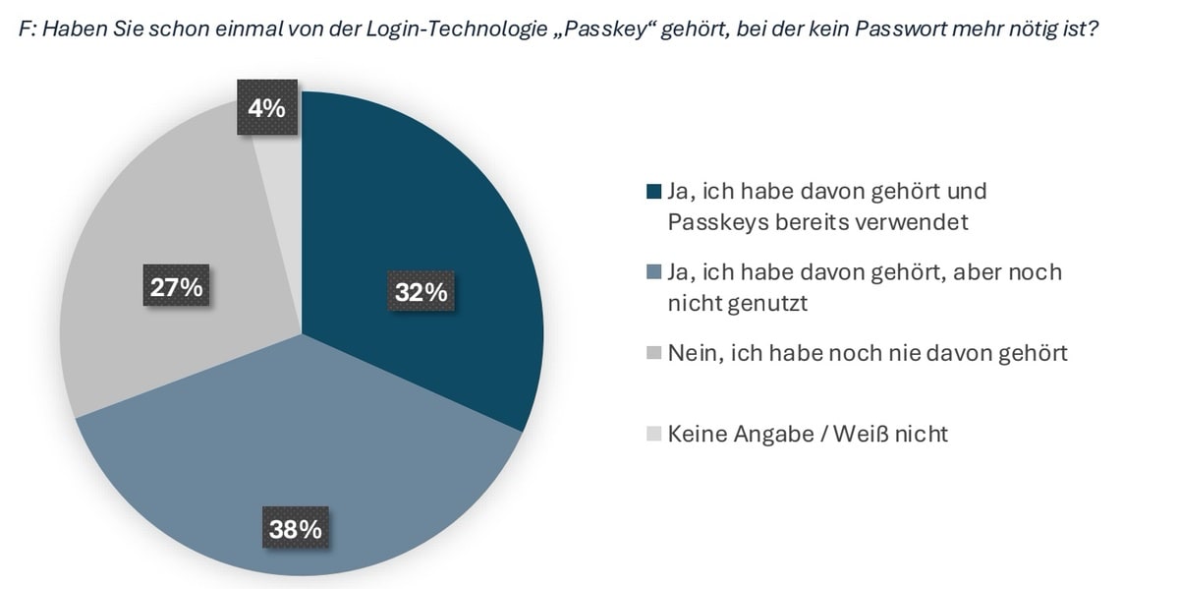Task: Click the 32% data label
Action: pyautogui.click(x=421, y=293)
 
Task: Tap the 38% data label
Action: pyautogui.click(x=295, y=529)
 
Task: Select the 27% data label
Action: pyautogui.click(x=176, y=287)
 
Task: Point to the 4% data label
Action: pyautogui.click(x=266, y=107)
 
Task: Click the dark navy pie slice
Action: pyautogui.click(x=432, y=216)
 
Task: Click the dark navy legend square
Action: pyautogui.click(x=655, y=190)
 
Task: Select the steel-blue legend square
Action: pyautogui.click(x=655, y=271)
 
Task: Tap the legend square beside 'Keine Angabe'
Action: pyautogui.click(x=655, y=434)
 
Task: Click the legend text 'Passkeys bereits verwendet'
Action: pyautogui.click(x=817, y=222)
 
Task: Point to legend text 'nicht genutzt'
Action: pyautogui.click(x=737, y=304)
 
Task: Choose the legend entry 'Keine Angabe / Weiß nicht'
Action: pyautogui.click(x=808, y=434)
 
